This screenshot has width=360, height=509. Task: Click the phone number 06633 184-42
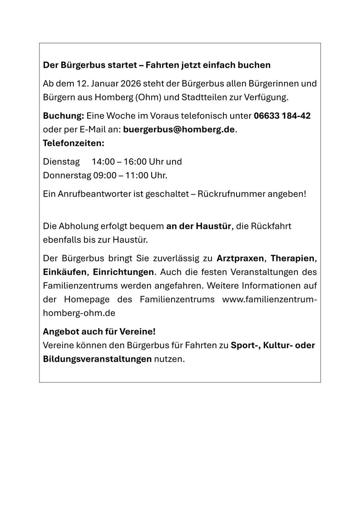pyautogui.click(x=282, y=116)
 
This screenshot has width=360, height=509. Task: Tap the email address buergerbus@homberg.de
pyautogui.click(x=179, y=129)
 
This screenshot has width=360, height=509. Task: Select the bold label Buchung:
pyautogui.click(x=63, y=116)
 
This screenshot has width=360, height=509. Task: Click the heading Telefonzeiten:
pyautogui.click(x=74, y=143)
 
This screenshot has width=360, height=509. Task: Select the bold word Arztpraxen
pyautogui.click(x=240, y=259)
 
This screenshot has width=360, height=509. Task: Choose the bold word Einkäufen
pyautogui.click(x=65, y=272)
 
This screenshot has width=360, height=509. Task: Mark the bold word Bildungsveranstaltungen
pyautogui.click(x=97, y=359)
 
